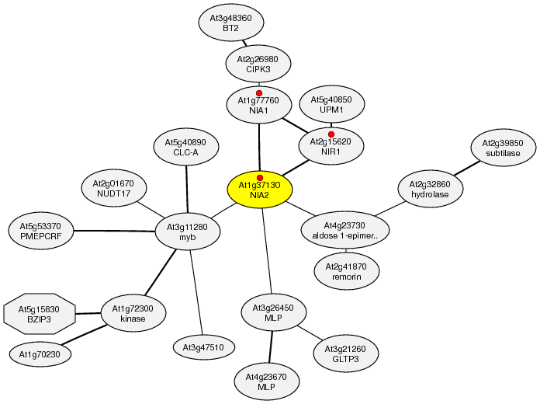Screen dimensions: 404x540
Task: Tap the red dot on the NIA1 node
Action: [x=259, y=93]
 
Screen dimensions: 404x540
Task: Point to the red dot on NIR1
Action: [x=331, y=134]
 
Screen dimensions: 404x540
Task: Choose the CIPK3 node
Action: [x=258, y=64]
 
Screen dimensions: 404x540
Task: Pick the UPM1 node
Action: [x=331, y=105]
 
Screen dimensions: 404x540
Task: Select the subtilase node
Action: [x=502, y=148]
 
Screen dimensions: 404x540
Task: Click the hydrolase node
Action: [x=431, y=189]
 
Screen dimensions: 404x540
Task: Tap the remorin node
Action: [x=346, y=271]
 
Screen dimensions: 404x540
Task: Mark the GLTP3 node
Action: [x=346, y=353]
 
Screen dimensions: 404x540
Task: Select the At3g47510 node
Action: [x=204, y=347]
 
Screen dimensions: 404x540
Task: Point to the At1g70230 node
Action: [x=40, y=353]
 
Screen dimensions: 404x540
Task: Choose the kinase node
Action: [x=133, y=313]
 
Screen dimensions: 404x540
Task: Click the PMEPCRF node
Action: [x=40, y=231]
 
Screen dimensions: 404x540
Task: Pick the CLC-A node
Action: [x=185, y=148]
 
